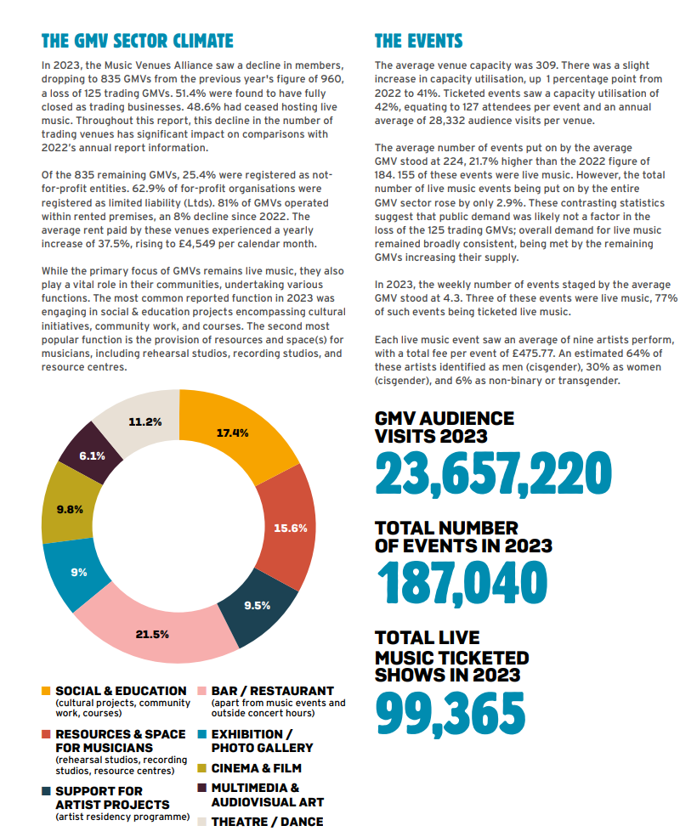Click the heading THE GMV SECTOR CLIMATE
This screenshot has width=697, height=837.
[x=137, y=41]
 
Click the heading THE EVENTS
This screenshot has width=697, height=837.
[x=418, y=41]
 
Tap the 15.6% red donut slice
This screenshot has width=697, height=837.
[x=289, y=527]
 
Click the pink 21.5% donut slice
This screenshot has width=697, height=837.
[x=153, y=633]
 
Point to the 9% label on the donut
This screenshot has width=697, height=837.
[x=79, y=572]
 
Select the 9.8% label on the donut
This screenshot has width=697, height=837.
[x=70, y=509]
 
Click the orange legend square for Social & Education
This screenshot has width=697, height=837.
[x=46, y=691]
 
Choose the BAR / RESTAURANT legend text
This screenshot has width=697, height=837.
[x=272, y=691]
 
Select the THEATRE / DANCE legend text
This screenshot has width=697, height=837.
[x=266, y=822]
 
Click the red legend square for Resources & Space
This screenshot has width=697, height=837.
[x=46, y=733]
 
